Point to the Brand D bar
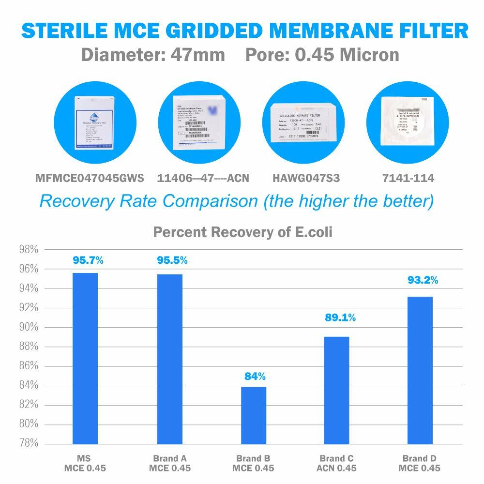click(x=420, y=370)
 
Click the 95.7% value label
click(x=88, y=260)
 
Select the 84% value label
click(x=255, y=376)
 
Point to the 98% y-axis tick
click(x=28, y=250)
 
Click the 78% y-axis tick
click(x=28, y=443)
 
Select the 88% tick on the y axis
click(x=28, y=347)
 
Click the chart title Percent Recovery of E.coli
click(x=242, y=232)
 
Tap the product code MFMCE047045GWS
click(x=90, y=178)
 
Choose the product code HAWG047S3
click(x=305, y=178)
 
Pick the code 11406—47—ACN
click(x=203, y=178)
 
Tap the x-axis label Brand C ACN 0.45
click(x=337, y=463)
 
